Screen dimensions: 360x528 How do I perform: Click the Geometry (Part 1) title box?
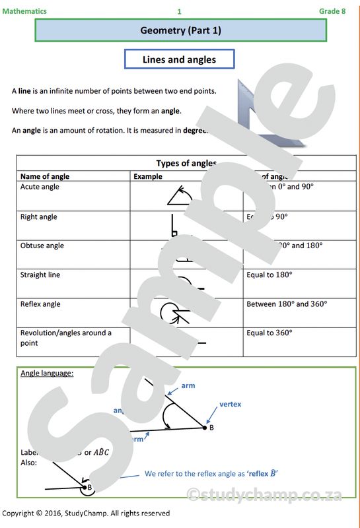click(180, 30)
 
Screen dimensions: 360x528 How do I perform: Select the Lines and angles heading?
click(179, 59)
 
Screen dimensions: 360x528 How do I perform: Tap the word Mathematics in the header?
click(24, 11)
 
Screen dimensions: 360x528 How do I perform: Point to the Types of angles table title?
click(186, 163)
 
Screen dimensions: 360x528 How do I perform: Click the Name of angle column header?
click(45, 177)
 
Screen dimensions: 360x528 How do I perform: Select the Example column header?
click(147, 177)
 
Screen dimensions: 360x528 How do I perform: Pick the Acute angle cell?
click(40, 187)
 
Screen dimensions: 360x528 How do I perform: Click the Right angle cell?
click(39, 217)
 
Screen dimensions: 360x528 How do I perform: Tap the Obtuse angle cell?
click(42, 246)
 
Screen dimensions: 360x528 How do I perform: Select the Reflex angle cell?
click(40, 304)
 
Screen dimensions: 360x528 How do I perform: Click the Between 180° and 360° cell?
click(287, 304)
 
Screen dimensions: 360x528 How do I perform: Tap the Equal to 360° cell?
click(269, 333)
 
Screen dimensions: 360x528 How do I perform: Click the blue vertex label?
click(231, 404)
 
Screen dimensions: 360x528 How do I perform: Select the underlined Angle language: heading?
click(47, 373)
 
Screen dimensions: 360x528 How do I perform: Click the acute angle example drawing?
click(180, 195)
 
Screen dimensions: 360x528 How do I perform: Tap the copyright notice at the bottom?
click(86, 513)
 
